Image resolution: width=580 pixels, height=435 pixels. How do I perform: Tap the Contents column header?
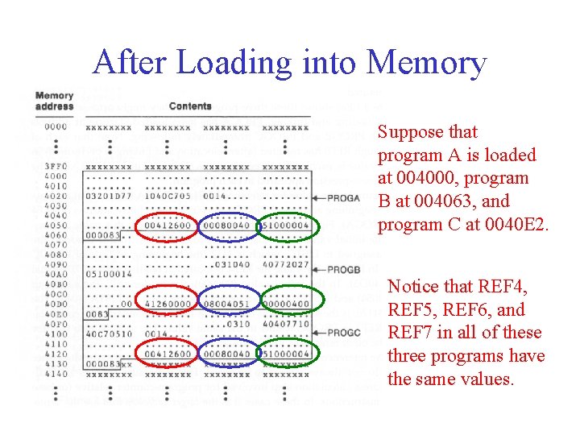tap(190, 106)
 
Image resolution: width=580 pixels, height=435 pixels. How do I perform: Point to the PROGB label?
tap(343, 270)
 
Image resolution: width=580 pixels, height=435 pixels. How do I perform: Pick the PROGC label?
tap(343, 332)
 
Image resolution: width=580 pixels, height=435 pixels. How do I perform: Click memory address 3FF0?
tap(56, 166)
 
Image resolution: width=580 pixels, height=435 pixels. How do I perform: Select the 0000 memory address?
tap(56, 126)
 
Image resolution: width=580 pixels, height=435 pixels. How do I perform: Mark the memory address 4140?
tap(56, 374)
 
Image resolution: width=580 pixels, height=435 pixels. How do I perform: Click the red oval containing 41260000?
tap(167, 300)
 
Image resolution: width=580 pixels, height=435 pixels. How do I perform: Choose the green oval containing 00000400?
tap(286, 300)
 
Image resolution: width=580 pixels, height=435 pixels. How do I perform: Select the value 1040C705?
tap(168, 196)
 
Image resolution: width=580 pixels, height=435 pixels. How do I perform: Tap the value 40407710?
tap(286, 324)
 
